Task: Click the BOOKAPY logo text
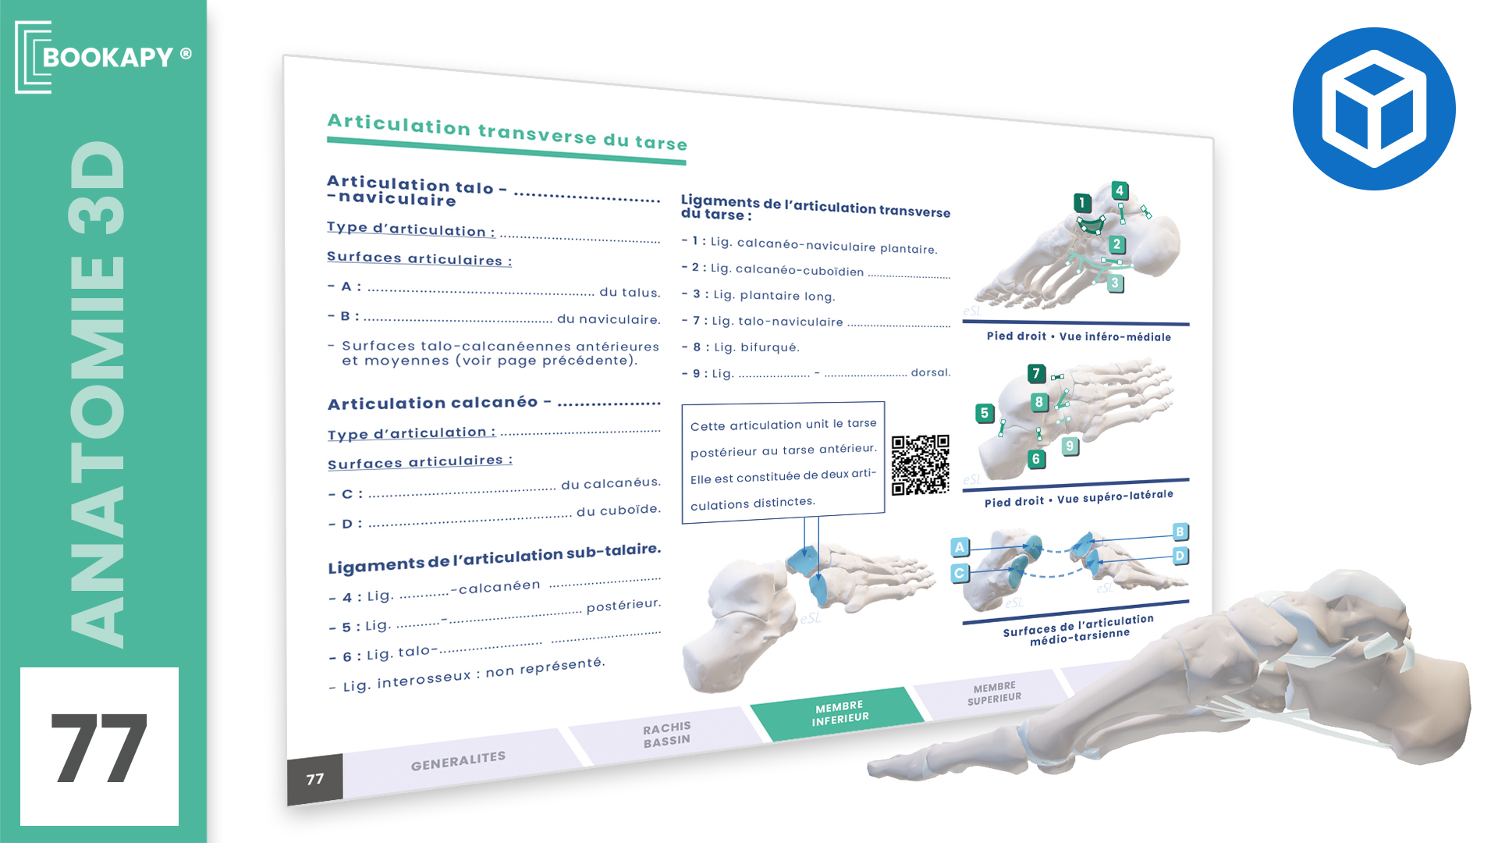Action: click(108, 57)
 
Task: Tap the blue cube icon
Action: click(1374, 108)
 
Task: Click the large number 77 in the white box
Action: click(99, 749)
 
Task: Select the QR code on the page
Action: click(921, 464)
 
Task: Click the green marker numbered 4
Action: click(1120, 190)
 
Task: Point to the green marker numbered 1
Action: click(1082, 203)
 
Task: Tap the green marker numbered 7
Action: click(1036, 374)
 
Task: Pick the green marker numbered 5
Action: click(985, 413)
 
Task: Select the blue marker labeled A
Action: click(960, 547)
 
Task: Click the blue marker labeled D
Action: click(1180, 556)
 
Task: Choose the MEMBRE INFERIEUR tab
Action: click(839, 713)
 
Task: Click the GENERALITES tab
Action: click(459, 760)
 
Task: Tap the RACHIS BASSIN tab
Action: click(666, 735)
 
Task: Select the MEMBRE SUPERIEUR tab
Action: click(994, 692)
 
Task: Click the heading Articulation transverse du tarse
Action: click(507, 132)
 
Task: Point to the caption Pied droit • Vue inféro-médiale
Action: click(1079, 336)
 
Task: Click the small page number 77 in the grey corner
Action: click(315, 779)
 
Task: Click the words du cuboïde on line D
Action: click(619, 510)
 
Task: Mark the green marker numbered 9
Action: click(1070, 446)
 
